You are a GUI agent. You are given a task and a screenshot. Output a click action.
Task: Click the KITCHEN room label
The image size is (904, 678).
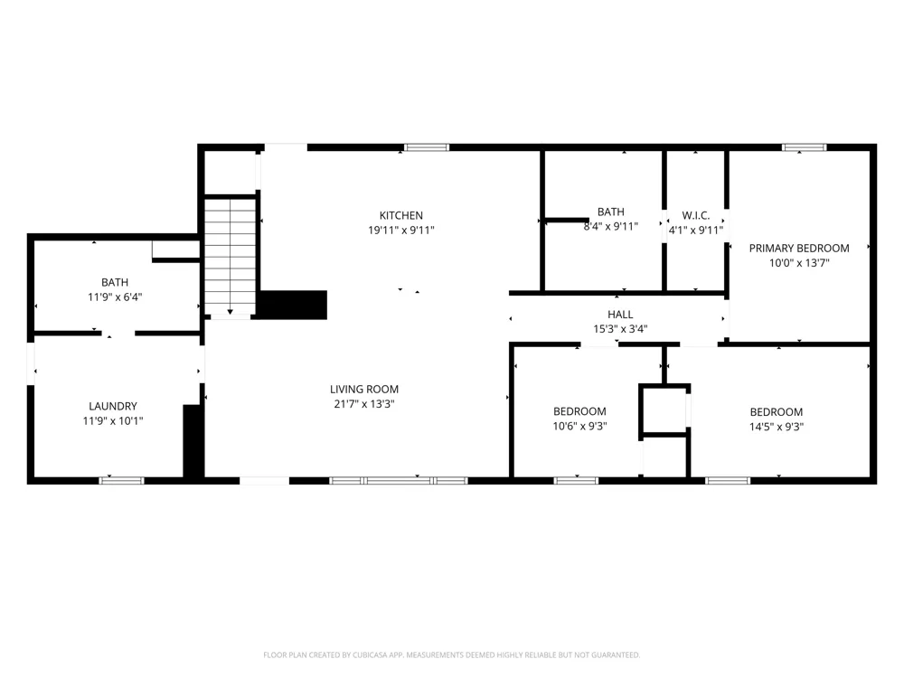401,216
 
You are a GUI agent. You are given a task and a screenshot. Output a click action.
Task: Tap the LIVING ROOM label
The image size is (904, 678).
364,389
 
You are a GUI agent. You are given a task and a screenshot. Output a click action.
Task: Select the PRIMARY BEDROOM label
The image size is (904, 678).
799,248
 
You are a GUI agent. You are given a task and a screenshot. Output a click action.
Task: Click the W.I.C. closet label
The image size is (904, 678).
696,216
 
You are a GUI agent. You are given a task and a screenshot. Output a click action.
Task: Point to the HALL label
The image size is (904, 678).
620,315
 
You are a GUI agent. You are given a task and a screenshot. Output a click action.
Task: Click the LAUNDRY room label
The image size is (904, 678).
113,406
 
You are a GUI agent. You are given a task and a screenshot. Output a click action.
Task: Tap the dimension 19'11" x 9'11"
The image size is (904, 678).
401,230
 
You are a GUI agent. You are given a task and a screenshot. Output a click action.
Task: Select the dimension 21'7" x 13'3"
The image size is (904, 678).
364,404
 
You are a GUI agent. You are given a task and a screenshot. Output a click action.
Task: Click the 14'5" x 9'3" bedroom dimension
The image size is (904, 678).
777,428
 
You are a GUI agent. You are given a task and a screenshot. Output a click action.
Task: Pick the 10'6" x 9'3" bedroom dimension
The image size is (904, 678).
580,427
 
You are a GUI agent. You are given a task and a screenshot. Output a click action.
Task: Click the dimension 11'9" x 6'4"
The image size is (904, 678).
115,297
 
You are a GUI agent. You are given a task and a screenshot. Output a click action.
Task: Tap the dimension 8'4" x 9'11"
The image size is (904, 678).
611,227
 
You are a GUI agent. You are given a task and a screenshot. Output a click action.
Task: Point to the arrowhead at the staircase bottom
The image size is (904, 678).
230,312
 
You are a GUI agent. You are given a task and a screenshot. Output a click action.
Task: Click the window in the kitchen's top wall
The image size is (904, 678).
427,147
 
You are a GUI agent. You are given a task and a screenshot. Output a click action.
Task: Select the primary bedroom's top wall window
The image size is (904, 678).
805,147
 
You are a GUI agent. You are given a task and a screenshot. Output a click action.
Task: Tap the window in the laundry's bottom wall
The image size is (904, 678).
122,480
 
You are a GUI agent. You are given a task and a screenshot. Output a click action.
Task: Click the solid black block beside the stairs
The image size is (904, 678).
293,305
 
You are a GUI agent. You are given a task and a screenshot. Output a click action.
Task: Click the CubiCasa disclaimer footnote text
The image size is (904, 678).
451,654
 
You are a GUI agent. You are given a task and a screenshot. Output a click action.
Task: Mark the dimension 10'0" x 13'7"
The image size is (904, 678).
799,263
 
